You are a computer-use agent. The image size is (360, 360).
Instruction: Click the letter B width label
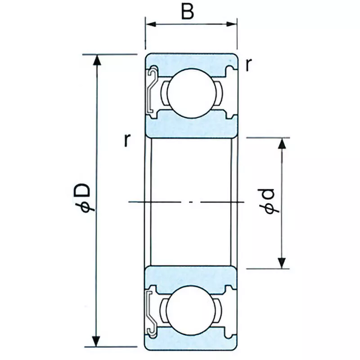pos(188,12)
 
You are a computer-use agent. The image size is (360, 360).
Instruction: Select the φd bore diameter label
pos(269,201)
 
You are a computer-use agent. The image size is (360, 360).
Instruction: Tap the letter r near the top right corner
pos(248,66)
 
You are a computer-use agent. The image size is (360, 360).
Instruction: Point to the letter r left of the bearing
pos(128,141)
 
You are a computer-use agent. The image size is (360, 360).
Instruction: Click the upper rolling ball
pos(191,89)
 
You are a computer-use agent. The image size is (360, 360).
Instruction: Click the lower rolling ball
pos(191,311)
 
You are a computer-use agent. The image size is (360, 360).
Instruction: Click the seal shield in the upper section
pos(152,90)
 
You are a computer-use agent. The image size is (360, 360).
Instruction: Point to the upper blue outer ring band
pos(191,61)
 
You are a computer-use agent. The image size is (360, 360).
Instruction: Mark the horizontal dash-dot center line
pos(189,202)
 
